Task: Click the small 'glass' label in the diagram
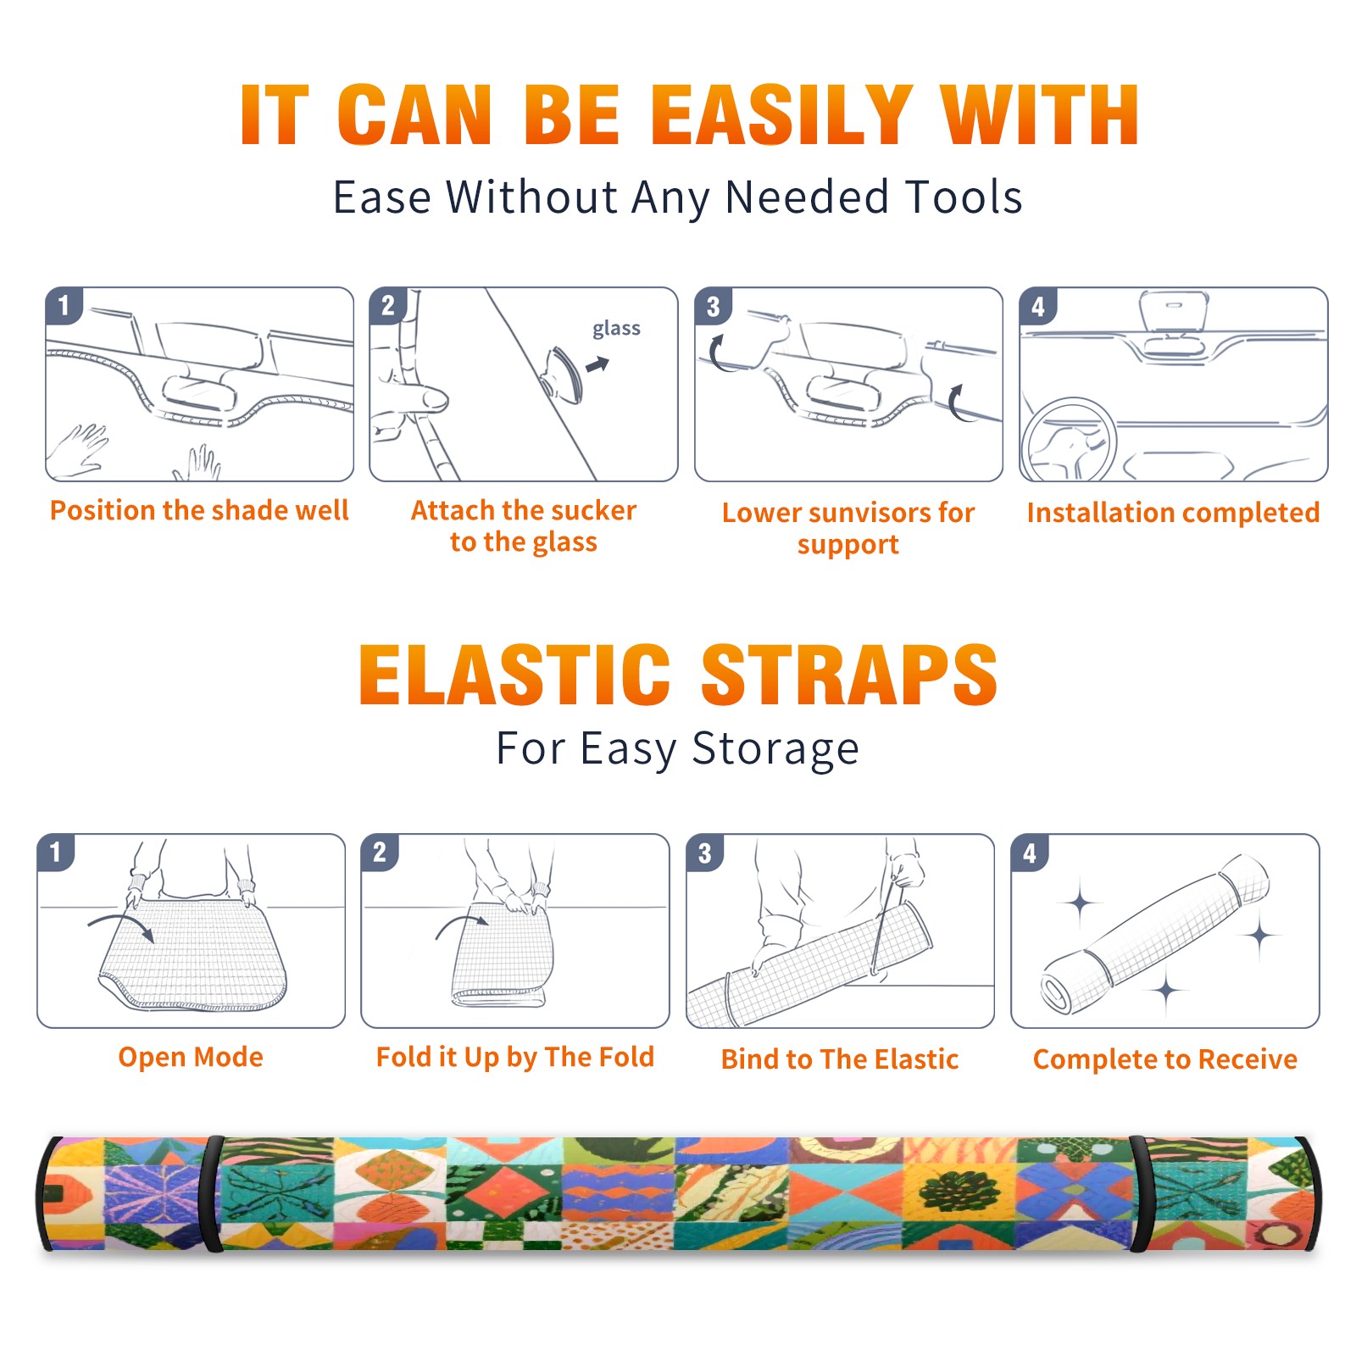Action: [616, 329]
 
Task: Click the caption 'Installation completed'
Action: [1173, 512]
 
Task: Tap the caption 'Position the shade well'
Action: [199, 510]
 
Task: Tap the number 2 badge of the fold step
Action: [380, 853]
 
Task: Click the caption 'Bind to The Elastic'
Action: [839, 1059]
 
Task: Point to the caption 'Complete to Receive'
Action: [1165, 1059]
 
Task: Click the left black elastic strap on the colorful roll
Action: [212, 1194]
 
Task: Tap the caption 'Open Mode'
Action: [191, 1057]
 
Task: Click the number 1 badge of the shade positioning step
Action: [64, 305]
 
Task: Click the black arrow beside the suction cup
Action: [598, 365]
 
